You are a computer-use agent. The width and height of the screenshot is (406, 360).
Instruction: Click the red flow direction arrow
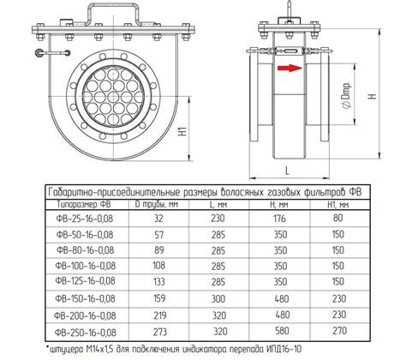point(290,68)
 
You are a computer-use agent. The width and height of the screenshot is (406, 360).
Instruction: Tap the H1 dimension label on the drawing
point(183,131)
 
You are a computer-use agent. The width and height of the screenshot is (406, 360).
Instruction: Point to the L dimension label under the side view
point(287,171)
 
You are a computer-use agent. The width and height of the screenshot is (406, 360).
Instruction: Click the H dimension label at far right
point(372,96)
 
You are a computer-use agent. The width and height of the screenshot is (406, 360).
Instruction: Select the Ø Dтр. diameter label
point(347,95)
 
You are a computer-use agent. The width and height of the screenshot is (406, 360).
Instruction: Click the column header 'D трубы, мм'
point(157,204)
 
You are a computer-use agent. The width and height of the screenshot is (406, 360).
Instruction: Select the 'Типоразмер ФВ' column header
point(84,204)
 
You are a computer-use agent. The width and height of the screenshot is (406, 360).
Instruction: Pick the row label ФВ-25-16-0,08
point(85,219)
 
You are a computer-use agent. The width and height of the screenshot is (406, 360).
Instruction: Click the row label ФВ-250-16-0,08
point(85,333)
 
